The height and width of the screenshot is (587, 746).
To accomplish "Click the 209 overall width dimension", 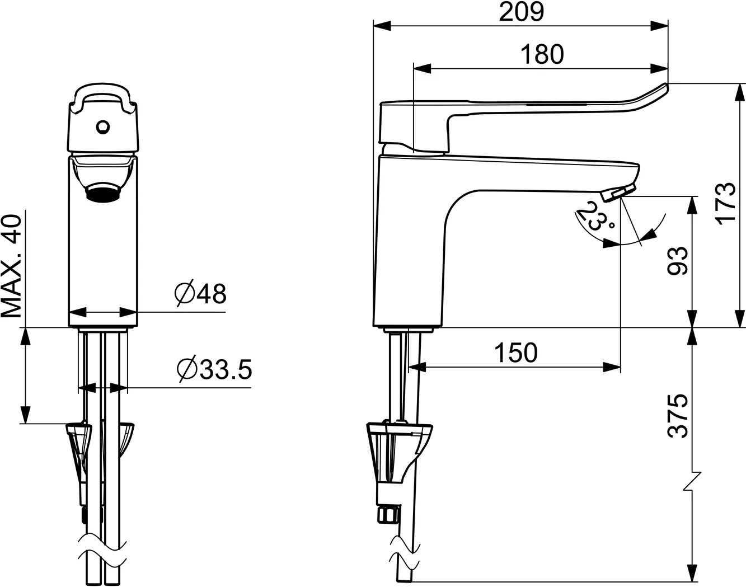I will [521, 12].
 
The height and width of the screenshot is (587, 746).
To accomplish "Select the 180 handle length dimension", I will [542, 54].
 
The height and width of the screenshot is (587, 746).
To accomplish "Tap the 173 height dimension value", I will [726, 203].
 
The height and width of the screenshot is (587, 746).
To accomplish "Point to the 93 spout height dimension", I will [678, 261].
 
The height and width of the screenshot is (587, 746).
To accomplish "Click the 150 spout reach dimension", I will [515, 353].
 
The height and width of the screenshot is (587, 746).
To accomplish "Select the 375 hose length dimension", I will [678, 415].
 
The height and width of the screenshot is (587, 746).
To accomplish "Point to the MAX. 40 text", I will [12, 266].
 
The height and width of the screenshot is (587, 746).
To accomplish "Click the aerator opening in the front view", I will [102, 194].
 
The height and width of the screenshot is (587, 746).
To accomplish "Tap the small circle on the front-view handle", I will [102, 128].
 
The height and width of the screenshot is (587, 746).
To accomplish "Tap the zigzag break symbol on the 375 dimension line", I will [692, 481].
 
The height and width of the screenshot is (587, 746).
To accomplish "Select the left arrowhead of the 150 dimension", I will [417, 367].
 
